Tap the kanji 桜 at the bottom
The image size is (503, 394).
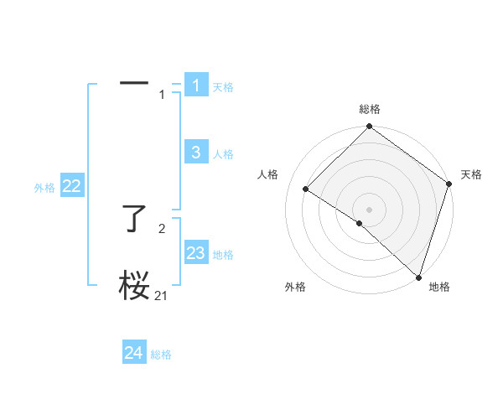[x=134, y=286]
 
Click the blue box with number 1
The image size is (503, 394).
[x=196, y=86]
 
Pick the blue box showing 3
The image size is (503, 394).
[x=196, y=153]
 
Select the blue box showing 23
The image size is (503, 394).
[x=196, y=253]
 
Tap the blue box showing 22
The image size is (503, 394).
[x=72, y=187]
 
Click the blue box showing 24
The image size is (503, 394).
[x=134, y=353]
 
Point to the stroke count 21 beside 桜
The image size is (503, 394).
[x=162, y=295]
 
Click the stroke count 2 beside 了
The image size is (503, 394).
[x=162, y=228]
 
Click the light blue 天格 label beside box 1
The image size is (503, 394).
[x=223, y=87]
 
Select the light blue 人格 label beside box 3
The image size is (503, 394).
[x=223, y=154]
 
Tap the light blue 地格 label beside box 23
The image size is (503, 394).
[x=223, y=255]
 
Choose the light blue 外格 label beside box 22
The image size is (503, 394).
[x=44, y=189]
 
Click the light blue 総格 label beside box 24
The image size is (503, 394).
[x=161, y=355]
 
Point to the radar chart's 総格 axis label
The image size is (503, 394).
[x=370, y=109]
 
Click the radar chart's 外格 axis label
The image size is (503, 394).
[x=295, y=287]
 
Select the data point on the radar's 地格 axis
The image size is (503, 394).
[x=418, y=277]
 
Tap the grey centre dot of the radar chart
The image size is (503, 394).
[x=369, y=210]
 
